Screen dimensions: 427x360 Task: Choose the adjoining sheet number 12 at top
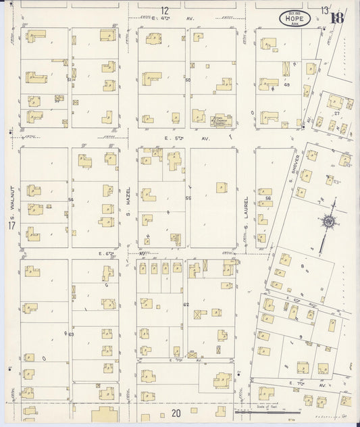[164, 9]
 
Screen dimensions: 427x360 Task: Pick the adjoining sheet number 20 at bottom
[176, 413]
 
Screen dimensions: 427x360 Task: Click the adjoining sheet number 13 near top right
[326, 10]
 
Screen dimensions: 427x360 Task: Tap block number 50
[188, 80]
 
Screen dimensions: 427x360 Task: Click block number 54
[70, 200]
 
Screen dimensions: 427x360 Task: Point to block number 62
[185, 306]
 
